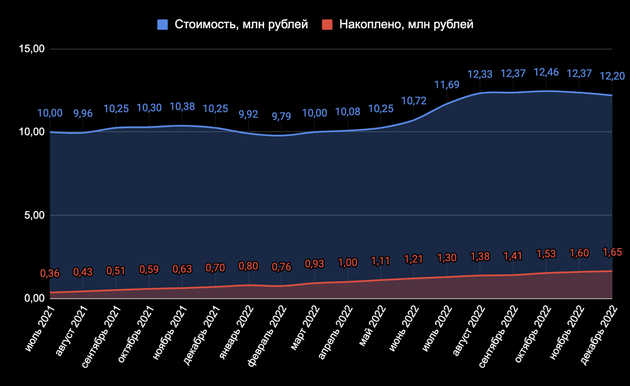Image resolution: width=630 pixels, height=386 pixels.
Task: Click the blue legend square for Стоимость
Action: click(x=163, y=25)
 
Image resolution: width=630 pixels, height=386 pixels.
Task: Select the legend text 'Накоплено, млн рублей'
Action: click(x=406, y=25)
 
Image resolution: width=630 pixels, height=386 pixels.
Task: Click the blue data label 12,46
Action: click(x=547, y=72)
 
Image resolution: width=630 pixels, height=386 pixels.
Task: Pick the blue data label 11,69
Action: click(x=447, y=85)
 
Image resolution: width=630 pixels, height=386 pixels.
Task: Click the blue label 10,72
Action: click(x=414, y=101)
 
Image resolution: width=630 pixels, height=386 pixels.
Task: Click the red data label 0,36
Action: click(x=49, y=273)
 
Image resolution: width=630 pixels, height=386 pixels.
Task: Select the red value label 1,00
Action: click(x=347, y=263)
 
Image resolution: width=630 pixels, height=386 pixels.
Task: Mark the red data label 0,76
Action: click(x=281, y=267)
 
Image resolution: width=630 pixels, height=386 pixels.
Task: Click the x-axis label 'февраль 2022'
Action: click(x=267, y=332)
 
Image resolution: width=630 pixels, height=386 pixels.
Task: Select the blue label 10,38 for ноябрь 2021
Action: click(x=182, y=106)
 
